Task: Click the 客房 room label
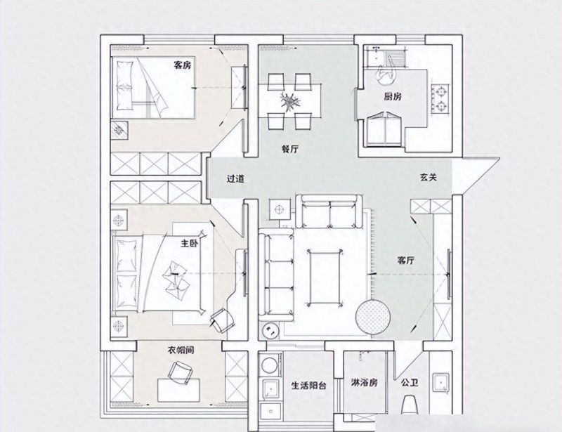(x=182, y=65)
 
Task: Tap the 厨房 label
(x=393, y=96)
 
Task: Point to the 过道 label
(x=235, y=178)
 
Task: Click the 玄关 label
(x=429, y=177)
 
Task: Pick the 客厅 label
(x=406, y=261)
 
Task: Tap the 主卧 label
(x=190, y=244)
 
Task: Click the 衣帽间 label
(x=181, y=350)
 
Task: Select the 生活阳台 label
(x=308, y=386)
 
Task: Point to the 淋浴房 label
(x=364, y=383)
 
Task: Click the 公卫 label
(x=410, y=383)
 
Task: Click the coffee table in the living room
(x=325, y=278)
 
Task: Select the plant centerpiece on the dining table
(x=290, y=100)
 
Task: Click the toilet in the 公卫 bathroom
(x=410, y=405)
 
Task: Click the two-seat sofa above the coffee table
(x=329, y=211)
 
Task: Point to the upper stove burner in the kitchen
(x=440, y=91)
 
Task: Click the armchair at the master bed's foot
(x=222, y=320)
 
